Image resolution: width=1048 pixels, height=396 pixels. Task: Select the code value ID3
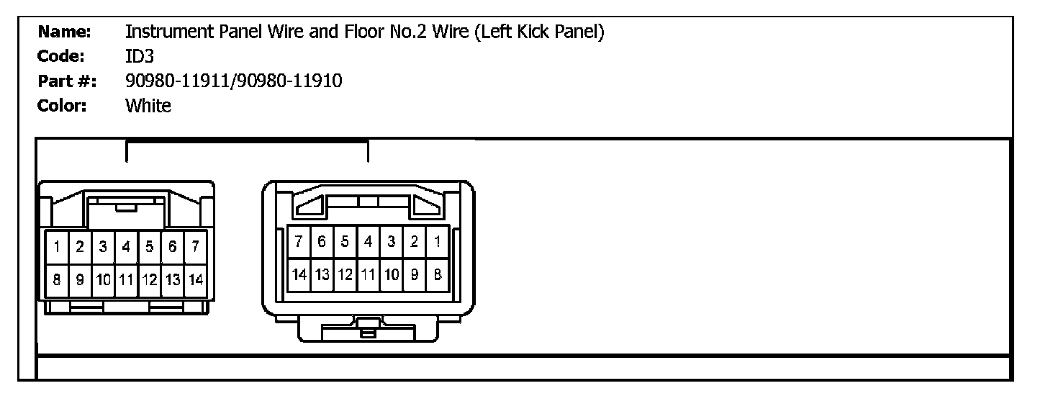139,56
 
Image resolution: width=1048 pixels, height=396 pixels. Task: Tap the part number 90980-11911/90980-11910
233,81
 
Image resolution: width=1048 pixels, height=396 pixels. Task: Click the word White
148,106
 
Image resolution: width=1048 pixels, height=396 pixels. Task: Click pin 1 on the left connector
56,248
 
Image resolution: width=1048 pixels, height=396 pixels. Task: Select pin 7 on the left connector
196,248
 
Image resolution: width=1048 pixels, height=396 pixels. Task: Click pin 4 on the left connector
126,248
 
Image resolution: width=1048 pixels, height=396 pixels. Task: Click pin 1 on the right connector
437,242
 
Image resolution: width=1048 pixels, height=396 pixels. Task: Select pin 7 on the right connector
299,242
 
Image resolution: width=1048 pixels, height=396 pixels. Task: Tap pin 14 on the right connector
299,274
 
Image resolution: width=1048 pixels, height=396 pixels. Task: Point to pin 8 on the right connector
437,274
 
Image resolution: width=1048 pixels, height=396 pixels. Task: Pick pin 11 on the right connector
368,274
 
